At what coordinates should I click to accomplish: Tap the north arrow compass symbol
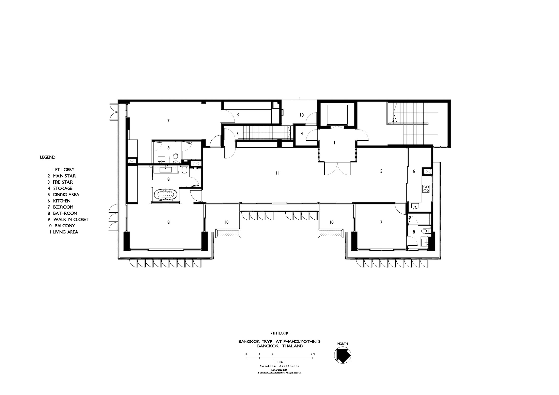pos(343,357)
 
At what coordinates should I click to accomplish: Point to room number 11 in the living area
pos(278,173)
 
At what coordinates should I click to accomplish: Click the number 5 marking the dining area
pos(381,171)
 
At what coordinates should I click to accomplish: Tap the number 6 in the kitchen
pos(414,171)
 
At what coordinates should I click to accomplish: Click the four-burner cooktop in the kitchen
pos(426,188)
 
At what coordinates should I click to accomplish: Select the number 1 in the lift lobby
pos(334,143)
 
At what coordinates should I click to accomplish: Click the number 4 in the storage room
pos(302,134)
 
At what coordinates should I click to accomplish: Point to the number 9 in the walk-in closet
pos(238,115)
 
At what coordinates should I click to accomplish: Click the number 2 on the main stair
pos(393,120)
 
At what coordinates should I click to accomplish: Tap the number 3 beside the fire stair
pos(238,134)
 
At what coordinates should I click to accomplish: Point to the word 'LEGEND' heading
pos(48,157)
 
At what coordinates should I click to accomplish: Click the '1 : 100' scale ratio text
pos(279,362)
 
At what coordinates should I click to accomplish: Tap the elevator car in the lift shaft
pos(337,114)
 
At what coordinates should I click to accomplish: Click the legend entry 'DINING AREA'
pos(66,195)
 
